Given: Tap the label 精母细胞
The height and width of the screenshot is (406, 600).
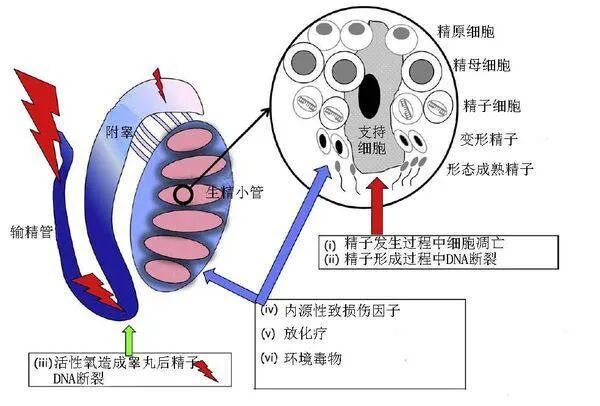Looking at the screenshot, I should point(482,66).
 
